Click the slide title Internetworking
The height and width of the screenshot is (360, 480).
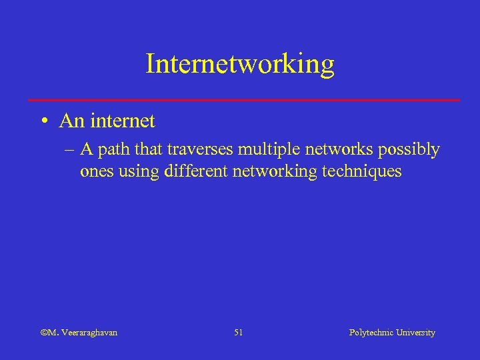click(240, 64)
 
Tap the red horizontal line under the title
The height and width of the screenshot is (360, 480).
click(244, 100)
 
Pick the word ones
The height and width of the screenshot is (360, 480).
click(96, 171)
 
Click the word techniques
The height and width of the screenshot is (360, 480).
click(362, 172)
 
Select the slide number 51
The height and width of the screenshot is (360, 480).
click(239, 333)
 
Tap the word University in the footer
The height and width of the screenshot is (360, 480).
click(415, 333)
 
